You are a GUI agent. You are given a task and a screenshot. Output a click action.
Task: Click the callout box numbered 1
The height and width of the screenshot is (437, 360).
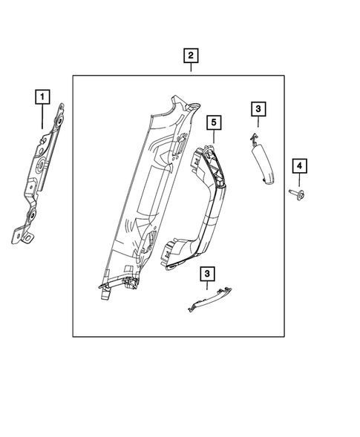42,96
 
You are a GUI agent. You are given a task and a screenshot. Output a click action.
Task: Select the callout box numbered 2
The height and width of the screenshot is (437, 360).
191,56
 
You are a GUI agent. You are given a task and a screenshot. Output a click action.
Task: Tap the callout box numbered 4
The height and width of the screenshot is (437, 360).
299,165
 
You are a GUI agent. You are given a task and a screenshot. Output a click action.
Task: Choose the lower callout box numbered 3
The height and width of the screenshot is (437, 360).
208,275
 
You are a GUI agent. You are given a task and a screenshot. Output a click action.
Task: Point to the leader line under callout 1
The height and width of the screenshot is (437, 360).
42,115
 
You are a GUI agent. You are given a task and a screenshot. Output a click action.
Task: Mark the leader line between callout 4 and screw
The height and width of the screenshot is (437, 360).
299,180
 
